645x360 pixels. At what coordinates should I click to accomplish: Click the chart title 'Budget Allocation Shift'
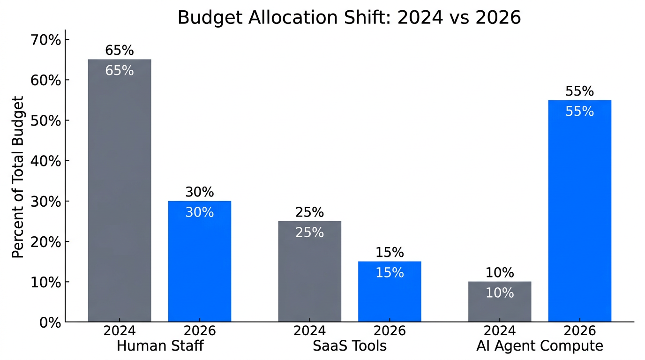[349, 17]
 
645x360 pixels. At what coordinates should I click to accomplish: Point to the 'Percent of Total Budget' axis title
[18, 177]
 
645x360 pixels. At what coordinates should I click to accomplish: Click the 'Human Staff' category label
[160, 346]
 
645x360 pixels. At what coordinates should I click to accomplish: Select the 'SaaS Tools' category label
[350, 346]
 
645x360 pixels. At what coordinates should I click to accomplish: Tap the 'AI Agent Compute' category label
[540, 346]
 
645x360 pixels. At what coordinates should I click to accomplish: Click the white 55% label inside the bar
[580, 112]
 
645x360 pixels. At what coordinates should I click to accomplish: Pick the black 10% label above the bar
[500, 272]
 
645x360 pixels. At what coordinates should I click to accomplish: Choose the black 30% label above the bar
[200, 192]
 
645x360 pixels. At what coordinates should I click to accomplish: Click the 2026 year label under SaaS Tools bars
[390, 331]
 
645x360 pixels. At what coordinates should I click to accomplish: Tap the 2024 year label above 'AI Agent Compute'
[500, 331]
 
